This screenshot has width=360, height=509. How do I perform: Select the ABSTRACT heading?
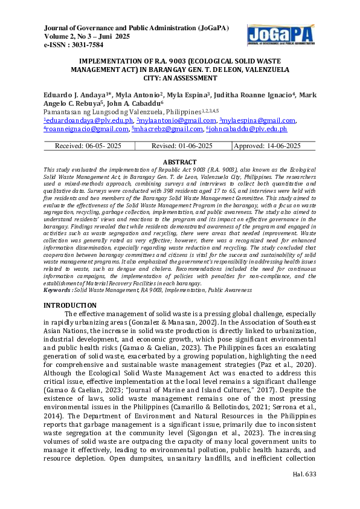pos(180,162)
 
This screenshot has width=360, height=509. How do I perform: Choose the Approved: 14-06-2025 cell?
pos(266,146)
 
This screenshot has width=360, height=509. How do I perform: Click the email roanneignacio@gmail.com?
pos(86,129)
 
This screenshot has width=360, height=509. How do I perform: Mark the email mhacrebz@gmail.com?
pos(168,129)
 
